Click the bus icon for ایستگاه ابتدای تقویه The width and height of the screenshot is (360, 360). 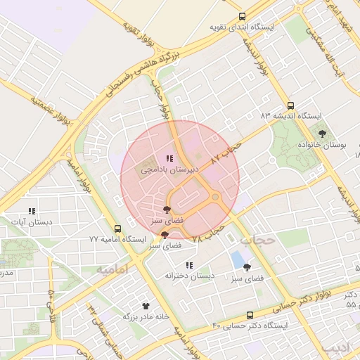[x=243, y=16]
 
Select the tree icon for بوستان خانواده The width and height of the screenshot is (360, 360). [x=323, y=133]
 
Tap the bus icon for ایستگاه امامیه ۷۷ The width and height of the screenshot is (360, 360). [x=117, y=229]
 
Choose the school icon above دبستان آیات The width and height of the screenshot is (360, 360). [x=32, y=211]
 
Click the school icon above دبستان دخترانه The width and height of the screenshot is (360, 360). [x=188, y=265]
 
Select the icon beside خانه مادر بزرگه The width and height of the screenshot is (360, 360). [x=146, y=306]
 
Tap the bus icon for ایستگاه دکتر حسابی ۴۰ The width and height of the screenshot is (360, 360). [x=250, y=316]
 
